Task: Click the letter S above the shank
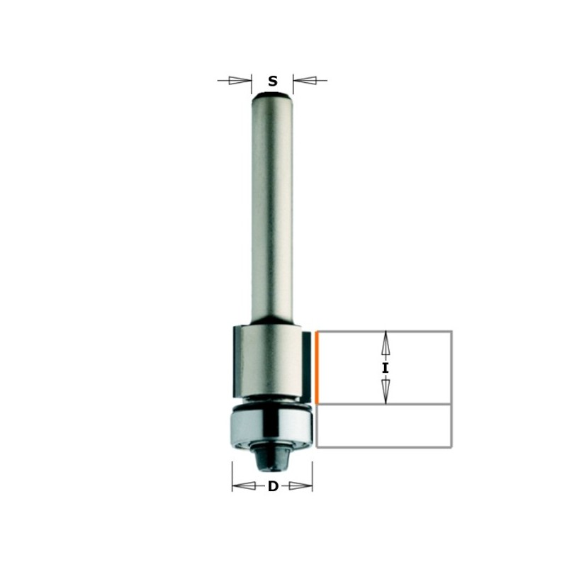[273, 82]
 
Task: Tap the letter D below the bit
[273, 486]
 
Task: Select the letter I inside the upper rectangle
[386, 368]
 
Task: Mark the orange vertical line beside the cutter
[317, 367]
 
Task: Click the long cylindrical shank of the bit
[272, 206]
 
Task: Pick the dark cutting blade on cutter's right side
[306, 365]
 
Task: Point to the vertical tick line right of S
[293, 84]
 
